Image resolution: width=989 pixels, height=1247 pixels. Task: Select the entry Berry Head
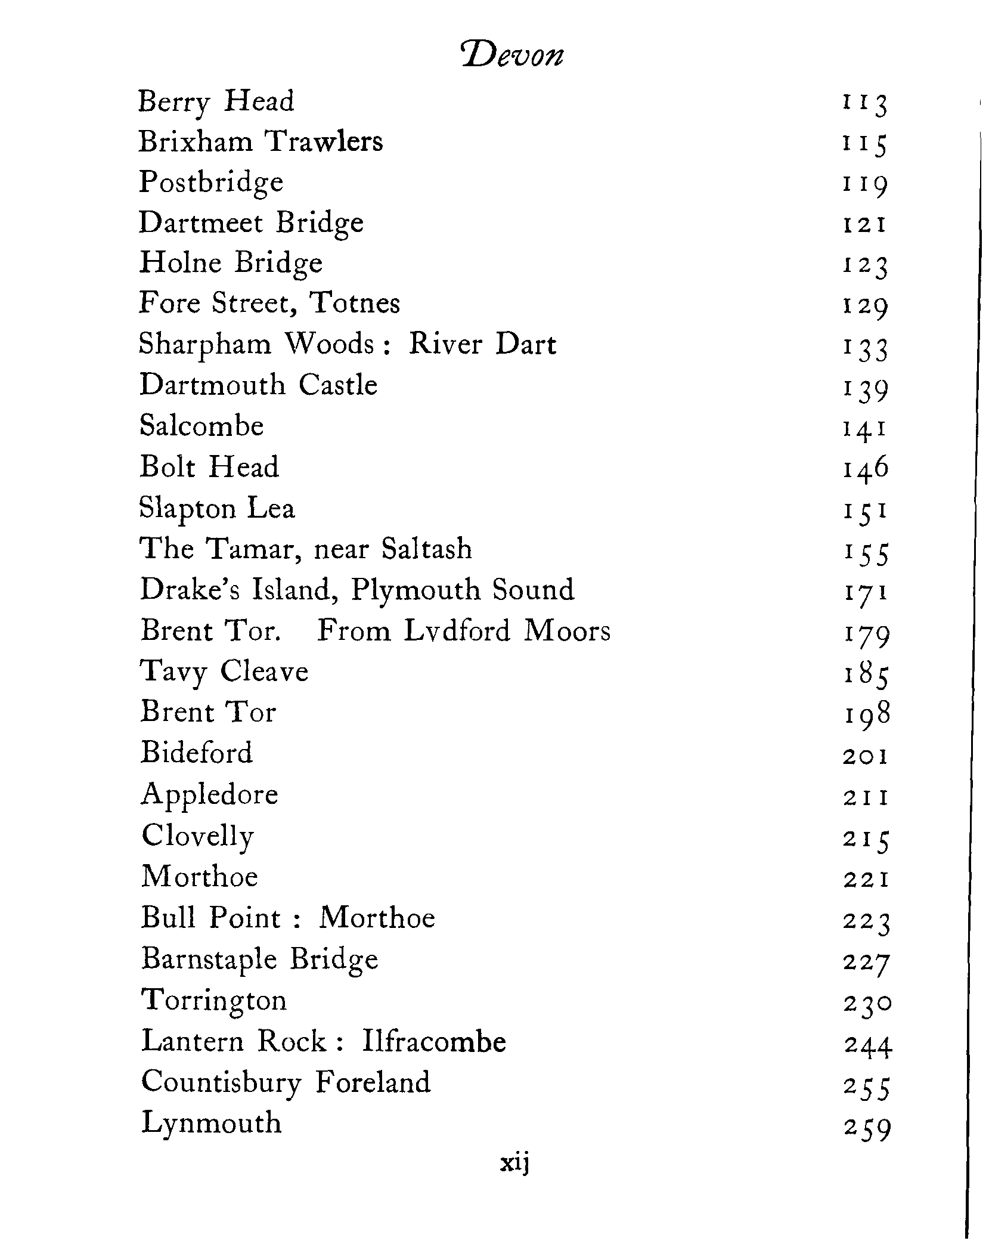[x=216, y=101]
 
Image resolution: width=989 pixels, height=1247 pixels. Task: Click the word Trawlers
[x=324, y=141]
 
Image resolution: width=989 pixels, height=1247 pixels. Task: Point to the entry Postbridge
[x=211, y=182]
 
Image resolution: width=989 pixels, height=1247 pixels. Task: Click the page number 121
[x=865, y=225]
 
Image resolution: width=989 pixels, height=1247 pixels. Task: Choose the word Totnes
[x=355, y=303]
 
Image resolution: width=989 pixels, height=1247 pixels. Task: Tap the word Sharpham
[x=204, y=345]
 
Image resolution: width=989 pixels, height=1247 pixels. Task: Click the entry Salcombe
[x=201, y=426]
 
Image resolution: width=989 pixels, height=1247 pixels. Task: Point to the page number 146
[x=866, y=468]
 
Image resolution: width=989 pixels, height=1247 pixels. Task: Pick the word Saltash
[x=427, y=549]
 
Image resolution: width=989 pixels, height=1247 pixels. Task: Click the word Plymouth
[x=416, y=590]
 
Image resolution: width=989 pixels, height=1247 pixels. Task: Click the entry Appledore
[x=210, y=795]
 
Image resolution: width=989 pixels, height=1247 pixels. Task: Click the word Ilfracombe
[x=434, y=1042]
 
